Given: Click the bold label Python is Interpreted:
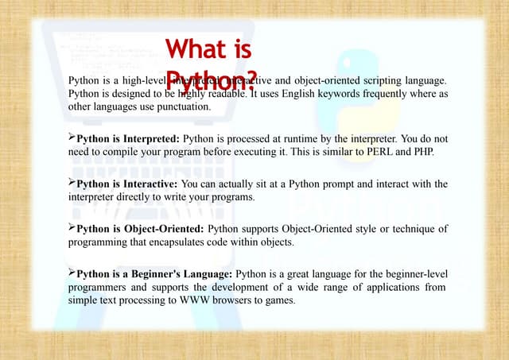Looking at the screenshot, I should point(128,139).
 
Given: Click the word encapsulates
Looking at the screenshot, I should point(179,242).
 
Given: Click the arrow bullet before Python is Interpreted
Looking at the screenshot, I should point(72,138).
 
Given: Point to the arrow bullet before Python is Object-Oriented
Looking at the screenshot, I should point(72,228).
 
